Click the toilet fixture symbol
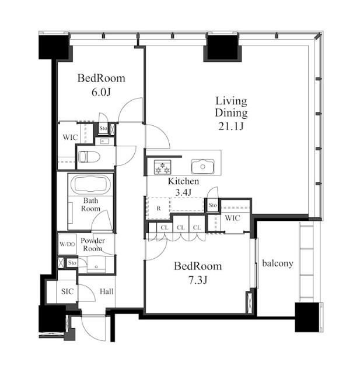click(89, 157)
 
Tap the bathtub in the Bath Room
click(90, 184)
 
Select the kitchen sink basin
click(203, 167)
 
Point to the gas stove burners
click(163, 167)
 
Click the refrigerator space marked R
click(159, 209)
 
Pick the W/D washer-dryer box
click(67, 244)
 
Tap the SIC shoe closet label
click(67, 291)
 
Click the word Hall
click(106, 291)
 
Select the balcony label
click(278, 263)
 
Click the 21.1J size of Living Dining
click(231, 126)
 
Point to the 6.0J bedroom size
click(101, 92)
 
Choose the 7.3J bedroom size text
click(198, 280)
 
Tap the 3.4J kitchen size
click(183, 192)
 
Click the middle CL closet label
click(181, 228)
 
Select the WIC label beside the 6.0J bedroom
click(70, 138)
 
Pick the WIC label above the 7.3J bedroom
click(232, 218)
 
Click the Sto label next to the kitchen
click(212, 205)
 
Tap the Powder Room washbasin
click(96, 265)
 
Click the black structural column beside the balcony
click(307, 317)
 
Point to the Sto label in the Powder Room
click(72, 263)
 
